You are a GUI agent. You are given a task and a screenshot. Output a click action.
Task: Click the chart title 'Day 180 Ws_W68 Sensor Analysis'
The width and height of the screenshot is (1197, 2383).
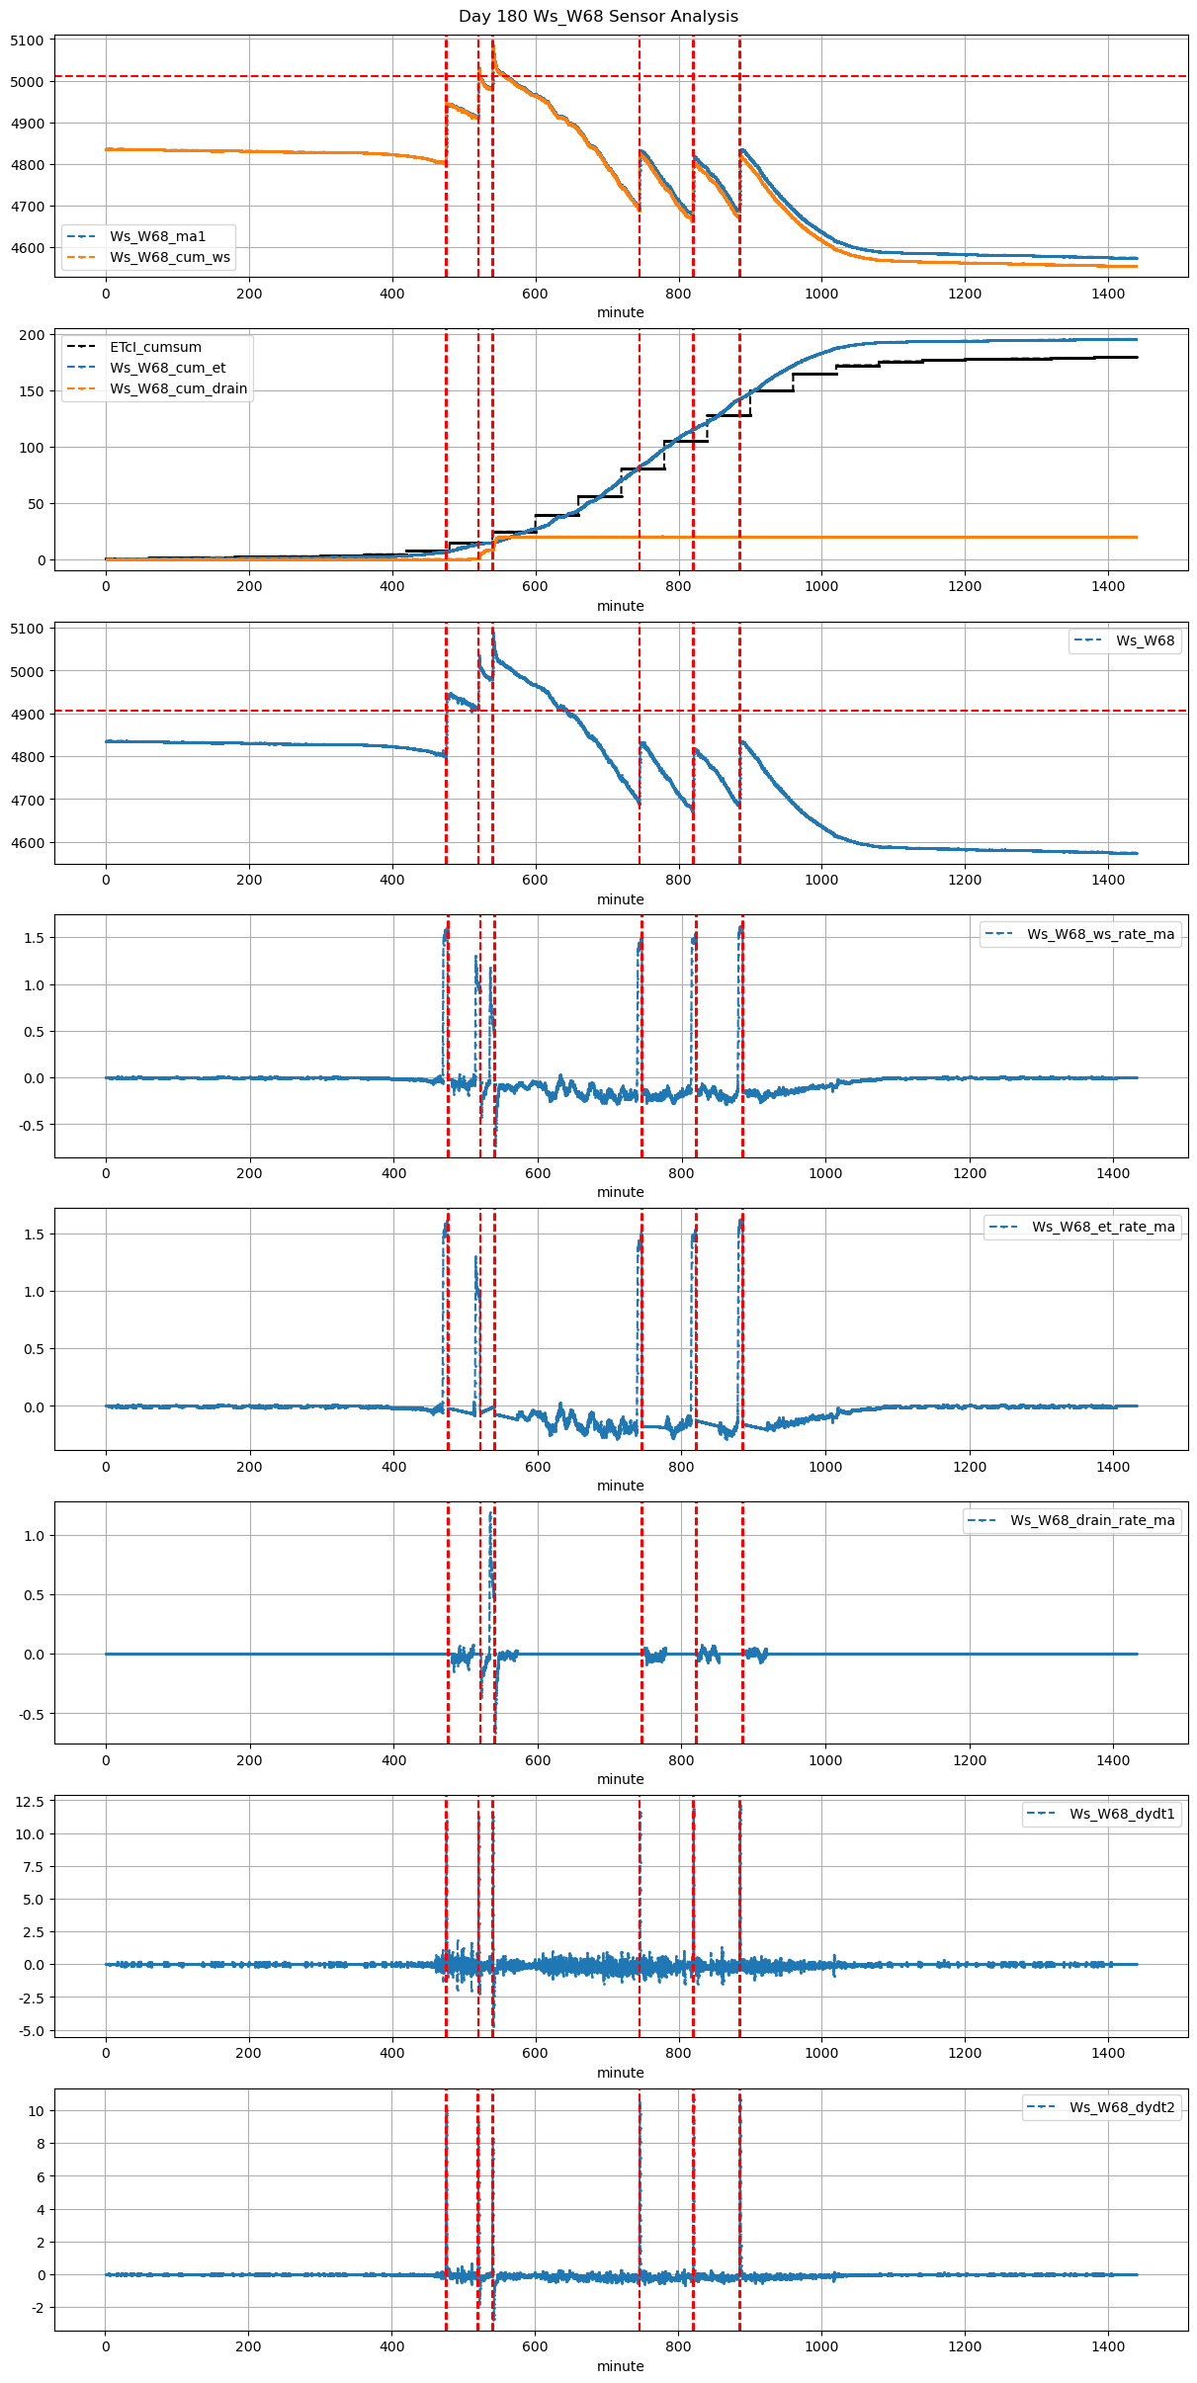(598, 17)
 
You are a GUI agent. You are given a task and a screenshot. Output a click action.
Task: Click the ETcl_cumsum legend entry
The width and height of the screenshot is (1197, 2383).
(155, 347)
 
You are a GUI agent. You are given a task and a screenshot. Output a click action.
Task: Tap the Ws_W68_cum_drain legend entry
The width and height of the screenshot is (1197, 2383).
(178, 388)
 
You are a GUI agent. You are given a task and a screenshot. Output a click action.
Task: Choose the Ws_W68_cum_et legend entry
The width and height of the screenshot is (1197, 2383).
(167, 368)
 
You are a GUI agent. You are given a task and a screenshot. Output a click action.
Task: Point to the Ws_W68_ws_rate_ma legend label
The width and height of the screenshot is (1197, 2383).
(1100, 934)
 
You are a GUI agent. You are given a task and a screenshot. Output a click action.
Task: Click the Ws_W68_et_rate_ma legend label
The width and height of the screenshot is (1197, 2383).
(1103, 1227)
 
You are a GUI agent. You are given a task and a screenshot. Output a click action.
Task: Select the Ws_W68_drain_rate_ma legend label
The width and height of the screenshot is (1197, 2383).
(1092, 1520)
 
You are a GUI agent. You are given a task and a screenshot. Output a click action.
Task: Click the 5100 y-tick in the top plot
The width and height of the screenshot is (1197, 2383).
(28, 41)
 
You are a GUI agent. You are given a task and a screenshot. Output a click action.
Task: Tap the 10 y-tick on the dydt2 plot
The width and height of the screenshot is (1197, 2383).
(37, 2111)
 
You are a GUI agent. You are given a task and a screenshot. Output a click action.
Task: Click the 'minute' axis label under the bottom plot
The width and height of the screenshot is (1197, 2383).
(620, 2366)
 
